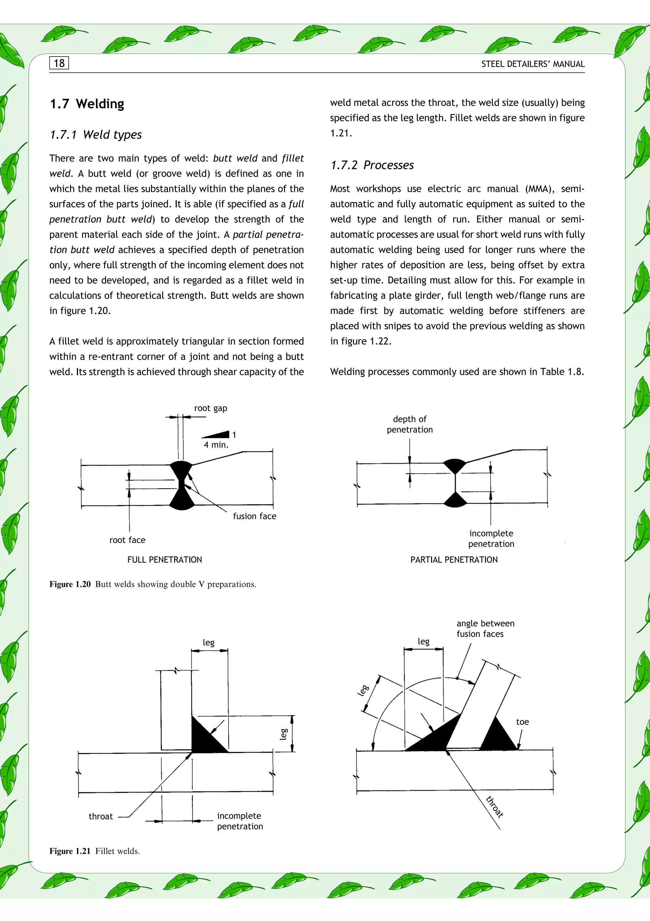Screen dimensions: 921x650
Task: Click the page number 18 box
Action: click(x=59, y=63)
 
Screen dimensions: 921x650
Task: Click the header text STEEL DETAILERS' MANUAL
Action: click(x=533, y=64)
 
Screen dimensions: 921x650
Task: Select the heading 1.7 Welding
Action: click(x=87, y=104)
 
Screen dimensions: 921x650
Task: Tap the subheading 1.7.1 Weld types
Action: click(x=96, y=134)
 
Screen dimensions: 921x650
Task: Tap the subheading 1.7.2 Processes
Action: click(x=372, y=165)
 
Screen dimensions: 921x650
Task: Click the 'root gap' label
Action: click(x=210, y=408)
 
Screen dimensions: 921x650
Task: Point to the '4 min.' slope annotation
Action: click(x=216, y=444)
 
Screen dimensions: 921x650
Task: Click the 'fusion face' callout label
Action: click(x=254, y=516)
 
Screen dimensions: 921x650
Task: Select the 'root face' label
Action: click(x=127, y=540)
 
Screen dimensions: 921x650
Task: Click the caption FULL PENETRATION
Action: click(x=164, y=560)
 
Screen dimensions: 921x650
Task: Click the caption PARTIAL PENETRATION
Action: click(x=454, y=560)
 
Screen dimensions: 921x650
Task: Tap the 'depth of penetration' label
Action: click(x=409, y=424)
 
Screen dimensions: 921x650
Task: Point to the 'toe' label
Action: click(x=522, y=722)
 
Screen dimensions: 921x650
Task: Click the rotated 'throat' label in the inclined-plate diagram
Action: click(x=494, y=806)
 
